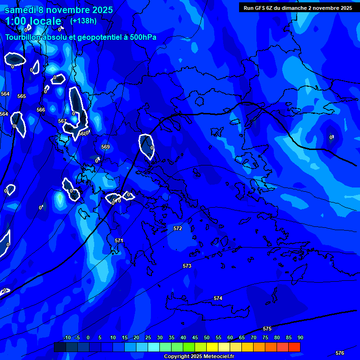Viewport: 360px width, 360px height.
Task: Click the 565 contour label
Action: pyautogui.click(x=22, y=96)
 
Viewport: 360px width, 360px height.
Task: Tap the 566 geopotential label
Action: pyautogui.click(x=41, y=110)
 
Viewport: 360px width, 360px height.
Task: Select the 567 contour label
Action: pyautogui.click(x=62, y=121)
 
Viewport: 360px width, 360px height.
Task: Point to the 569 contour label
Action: pyautogui.click(x=105, y=147)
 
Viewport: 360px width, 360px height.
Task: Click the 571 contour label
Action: pyautogui.click(x=119, y=240)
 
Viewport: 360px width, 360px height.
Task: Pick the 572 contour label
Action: pyautogui.click(x=178, y=228)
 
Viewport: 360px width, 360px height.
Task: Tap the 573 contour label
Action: pyautogui.click(x=187, y=266)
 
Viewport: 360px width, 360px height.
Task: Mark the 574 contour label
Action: pyautogui.click(x=218, y=298)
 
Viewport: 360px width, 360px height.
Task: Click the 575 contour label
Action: pyautogui.click(x=267, y=329)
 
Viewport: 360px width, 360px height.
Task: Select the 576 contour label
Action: pyautogui.click(x=340, y=353)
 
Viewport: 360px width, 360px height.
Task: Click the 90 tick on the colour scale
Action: pyautogui.click(x=300, y=337)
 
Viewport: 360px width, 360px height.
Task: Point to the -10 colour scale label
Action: pyautogui.click(x=67, y=337)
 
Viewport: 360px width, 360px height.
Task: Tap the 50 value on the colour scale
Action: pyautogui.click(x=207, y=337)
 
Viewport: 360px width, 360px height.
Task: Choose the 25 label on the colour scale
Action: pyautogui.click(x=148, y=337)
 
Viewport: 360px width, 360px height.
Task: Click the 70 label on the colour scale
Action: pyautogui.click(x=254, y=337)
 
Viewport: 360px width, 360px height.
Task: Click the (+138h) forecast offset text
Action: pyautogui.click(x=83, y=21)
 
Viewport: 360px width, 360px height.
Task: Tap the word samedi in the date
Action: pyautogui.click(x=19, y=10)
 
